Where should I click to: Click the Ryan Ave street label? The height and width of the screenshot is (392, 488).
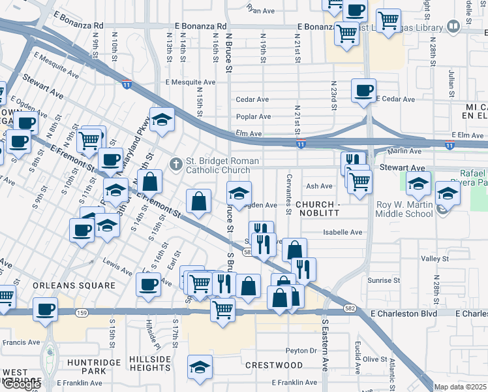pyautogui.click(x=262, y=10)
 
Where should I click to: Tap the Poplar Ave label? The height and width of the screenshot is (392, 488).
pyautogui.click(x=254, y=117)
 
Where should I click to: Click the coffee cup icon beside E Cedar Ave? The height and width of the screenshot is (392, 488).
pyautogui.click(x=363, y=90)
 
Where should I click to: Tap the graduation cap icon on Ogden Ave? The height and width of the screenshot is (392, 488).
pyautogui.click(x=239, y=192)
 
